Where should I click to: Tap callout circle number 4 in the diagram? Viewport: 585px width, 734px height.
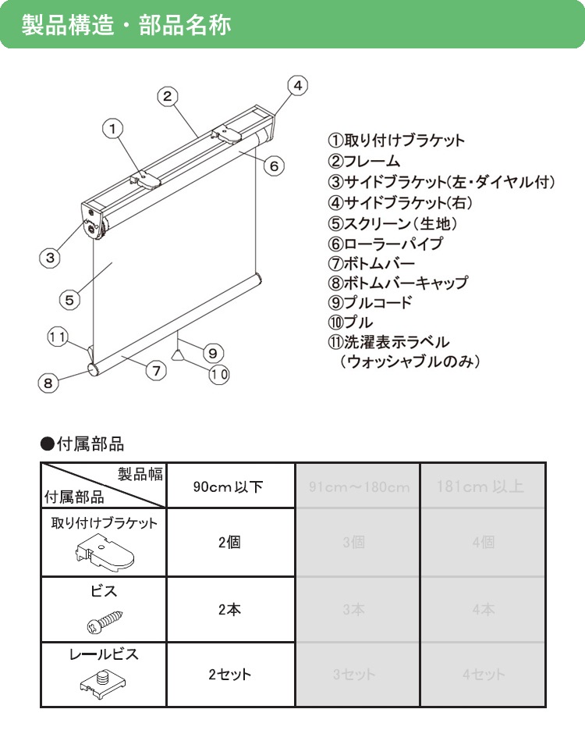[298, 86]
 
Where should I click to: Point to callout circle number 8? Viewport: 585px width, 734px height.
[48, 383]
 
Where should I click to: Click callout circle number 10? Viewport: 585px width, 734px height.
[219, 374]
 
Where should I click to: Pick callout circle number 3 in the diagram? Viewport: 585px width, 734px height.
[49, 256]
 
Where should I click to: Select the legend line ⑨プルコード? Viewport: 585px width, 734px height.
[370, 302]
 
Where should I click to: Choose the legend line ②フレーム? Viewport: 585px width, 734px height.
[363, 161]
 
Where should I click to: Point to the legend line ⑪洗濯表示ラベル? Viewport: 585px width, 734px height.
[388, 342]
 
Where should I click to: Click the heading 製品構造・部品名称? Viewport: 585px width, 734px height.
[126, 24]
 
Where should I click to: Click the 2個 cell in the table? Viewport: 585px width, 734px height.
[229, 543]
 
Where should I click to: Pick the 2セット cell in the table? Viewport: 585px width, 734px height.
[229, 674]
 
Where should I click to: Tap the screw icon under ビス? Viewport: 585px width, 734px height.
[103, 622]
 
